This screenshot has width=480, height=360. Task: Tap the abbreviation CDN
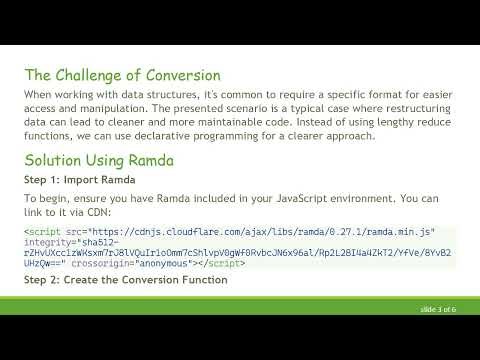pyautogui.click(x=101, y=213)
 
